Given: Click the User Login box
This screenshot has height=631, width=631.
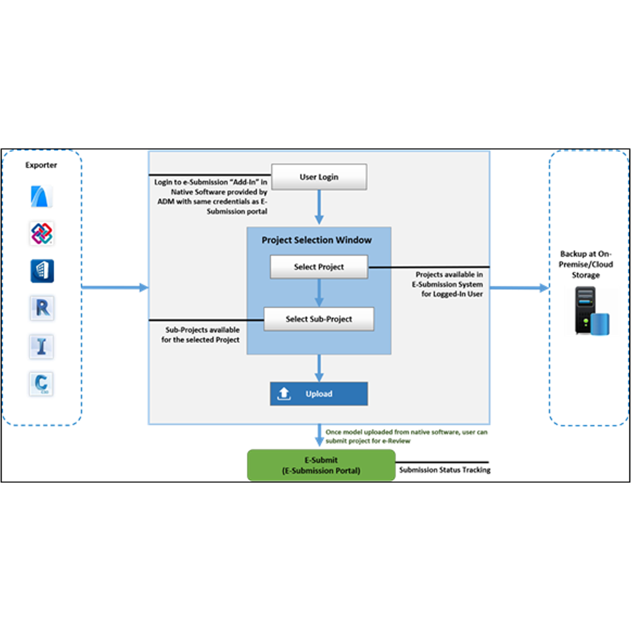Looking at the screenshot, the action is pyautogui.click(x=319, y=176).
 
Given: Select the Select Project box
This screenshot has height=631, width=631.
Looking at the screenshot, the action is pyautogui.click(x=319, y=267).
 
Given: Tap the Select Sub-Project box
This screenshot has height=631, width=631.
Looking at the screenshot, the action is pyautogui.click(x=319, y=319).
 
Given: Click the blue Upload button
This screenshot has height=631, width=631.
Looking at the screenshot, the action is pyautogui.click(x=319, y=394).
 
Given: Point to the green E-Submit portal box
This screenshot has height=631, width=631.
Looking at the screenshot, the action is pyautogui.click(x=321, y=465).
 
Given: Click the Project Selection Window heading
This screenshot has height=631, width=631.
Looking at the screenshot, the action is pyautogui.click(x=317, y=240).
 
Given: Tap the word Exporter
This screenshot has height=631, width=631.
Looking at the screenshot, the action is pyautogui.click(x=41, y=165).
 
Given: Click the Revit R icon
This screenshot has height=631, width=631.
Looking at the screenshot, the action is pyautogui.click(x=42, y=308).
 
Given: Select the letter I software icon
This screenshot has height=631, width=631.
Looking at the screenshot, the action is pyautogui.click(x=41, y=346).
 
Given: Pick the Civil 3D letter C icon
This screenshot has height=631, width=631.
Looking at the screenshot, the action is pyautogui.click(x=41, y=383).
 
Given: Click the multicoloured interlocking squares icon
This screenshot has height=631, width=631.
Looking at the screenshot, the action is pyautogui.click(x=42, y=233).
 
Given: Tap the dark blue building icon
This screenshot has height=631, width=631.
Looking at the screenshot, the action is pyautogui.click(x=42, y=271).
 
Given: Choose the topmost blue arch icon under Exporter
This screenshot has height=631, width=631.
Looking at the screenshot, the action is pyautogui.click(x=41, y=196).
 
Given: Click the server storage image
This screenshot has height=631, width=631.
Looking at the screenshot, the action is pyautogui.click(x=591, y=311).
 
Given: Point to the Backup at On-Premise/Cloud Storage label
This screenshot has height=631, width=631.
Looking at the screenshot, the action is pyautogui.click(x=585, y=265).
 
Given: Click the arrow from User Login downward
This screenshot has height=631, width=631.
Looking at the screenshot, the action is pyautogui.click(x=319, y=207).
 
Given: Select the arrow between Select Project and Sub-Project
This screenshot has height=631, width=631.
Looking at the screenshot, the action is pyautogui.click(x=319, y=293).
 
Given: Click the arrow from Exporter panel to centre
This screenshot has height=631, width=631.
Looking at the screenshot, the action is pyautogui.click(x=115, y=287).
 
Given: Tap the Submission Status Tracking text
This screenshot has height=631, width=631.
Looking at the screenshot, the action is pyautogui.click(x=445, y=470).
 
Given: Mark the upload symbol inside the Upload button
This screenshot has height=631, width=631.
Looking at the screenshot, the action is pyautogui.click(x=284, y=394).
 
